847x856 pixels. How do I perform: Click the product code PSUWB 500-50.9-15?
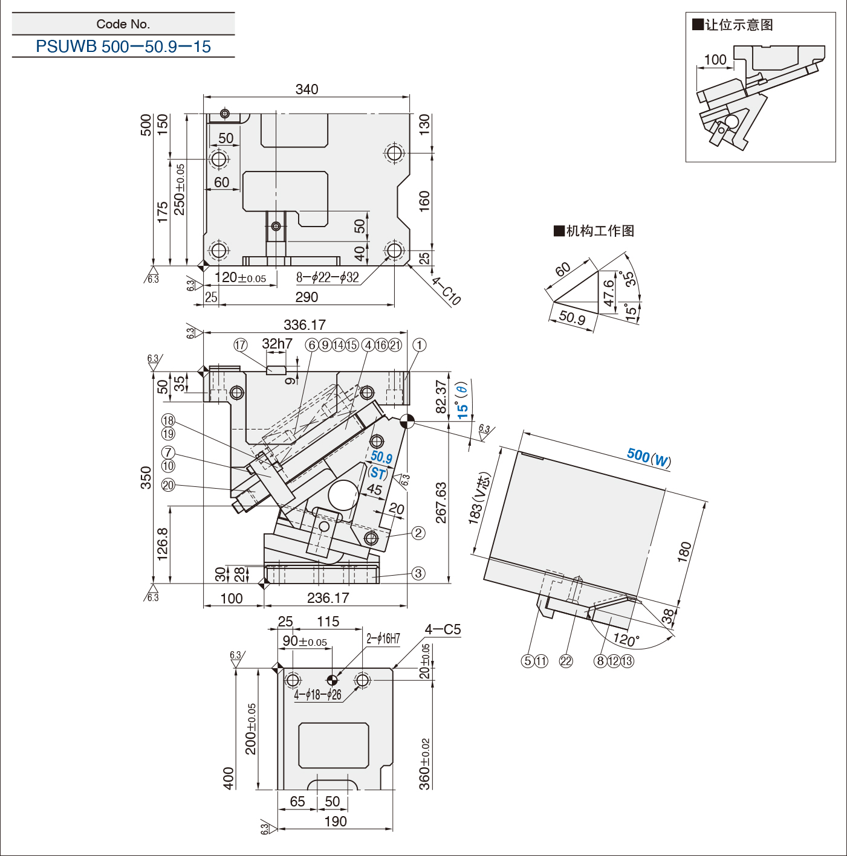coord(123,47)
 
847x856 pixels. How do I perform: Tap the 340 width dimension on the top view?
coord(307,89)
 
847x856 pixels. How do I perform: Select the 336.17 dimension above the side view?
coord(305,325)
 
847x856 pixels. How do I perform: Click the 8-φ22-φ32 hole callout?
coord(328,278)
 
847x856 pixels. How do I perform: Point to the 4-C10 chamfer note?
coord(446,291)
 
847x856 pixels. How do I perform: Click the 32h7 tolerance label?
coord(277,343)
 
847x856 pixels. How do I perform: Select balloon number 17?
coord(240,345)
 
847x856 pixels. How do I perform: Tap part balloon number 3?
coord(418,573)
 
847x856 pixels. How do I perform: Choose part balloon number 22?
coord(565,661)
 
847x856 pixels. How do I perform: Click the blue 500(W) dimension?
coord(649,457)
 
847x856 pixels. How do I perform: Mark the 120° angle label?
coord(626,639)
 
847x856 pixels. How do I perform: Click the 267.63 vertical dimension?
coord(441,503)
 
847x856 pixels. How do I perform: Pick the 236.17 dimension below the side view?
coord(328,598)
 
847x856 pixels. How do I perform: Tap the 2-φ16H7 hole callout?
coord(383,639)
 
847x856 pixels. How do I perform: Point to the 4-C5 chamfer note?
coord(443,629)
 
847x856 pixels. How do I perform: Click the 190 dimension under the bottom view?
coord(336,822)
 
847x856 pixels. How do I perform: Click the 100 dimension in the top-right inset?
coord(715,60)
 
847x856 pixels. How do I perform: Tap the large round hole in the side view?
coord(343,495)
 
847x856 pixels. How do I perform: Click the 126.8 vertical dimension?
coord(163,544)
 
